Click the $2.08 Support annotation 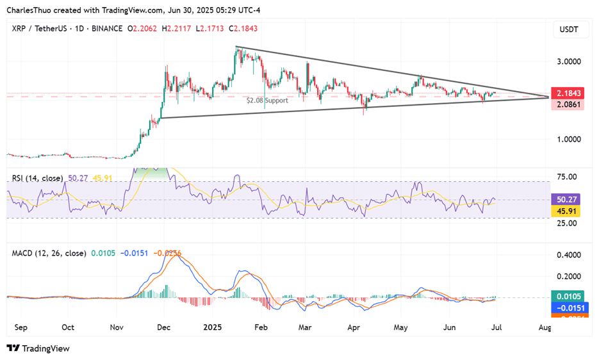click(267, 101)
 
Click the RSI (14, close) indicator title click(37, 177)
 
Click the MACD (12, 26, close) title click(49, 253)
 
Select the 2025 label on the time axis click(213, 327)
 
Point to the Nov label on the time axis click(116, 327)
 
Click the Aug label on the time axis click(545, 327)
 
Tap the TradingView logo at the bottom click(38, 348)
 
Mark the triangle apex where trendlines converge click(549, 97)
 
